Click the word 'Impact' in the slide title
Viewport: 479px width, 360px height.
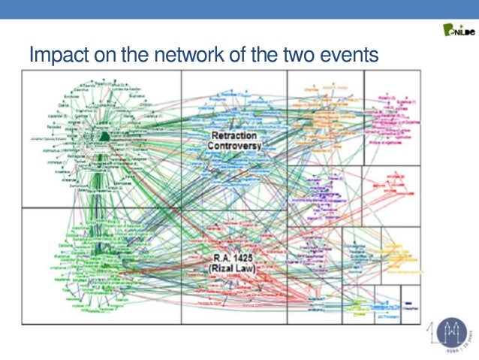pyautogui.click(x=54, y=56)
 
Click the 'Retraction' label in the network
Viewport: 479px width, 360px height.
pyautogui.click(x=234, y=135)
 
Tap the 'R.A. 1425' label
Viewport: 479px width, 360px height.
pyautogui.click(x=232, y=259)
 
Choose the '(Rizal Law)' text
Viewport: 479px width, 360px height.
pyautogui.click(x=233, y=268)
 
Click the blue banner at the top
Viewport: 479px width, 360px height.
pyautogui.click(x=239, y=9)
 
